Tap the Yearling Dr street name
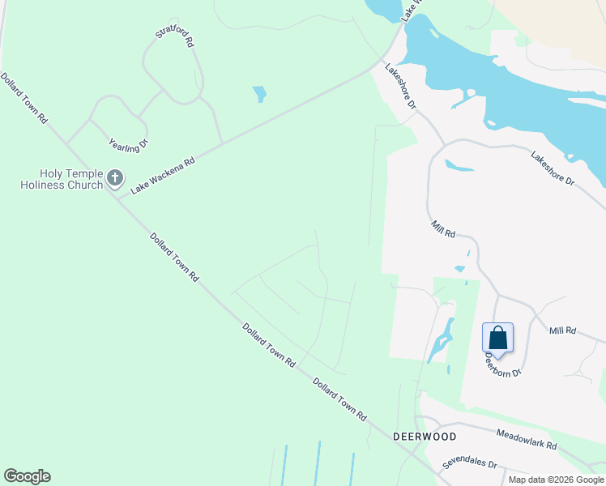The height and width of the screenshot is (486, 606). pyautogui.click(x=129, y=145)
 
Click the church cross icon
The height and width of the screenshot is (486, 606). pyautogui.click(x=115, y=177)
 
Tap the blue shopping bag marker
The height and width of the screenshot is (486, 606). pyautogui.click(x=497, y=339)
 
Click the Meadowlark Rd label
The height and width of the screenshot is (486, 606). pyautogui.click(x=527, y=440)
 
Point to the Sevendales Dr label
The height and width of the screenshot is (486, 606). pyautogui.click(x=469, y=464)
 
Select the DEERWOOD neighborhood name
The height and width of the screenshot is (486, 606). pyautogui.click(x=425, y=436)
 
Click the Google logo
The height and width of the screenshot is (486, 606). pyautogui.click(x=27, y=476)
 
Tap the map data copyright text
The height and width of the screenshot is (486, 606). pyautogui.click(x=557, y=480)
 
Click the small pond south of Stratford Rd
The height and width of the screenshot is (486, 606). pyautogui.click(x=259, y=94)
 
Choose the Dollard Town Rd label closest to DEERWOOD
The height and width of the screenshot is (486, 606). pyautogui.click(x=339, y=400)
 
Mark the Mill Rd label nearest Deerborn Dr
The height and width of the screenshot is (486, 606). pyautogui.click(x=561, y=330)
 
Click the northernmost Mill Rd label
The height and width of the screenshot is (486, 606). pyautogui.click(x=443, y=229)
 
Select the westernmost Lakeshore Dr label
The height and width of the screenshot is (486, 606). pyautogui.click(x=400, y=87)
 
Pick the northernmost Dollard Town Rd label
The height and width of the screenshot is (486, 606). pyautogui.click(x=24, y=98)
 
